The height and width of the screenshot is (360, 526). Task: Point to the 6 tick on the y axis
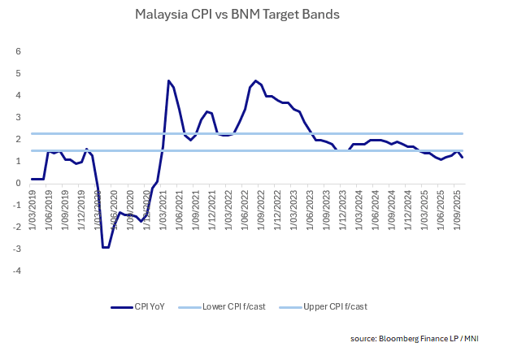[x=19, y=51]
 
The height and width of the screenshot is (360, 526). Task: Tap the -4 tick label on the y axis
[x=17, y=271]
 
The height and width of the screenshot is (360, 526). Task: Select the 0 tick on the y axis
[x=19, y=183]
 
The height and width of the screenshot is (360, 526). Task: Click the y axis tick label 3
[x=19, y=117]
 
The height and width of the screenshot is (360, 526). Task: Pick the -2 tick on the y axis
[x=17, y=227]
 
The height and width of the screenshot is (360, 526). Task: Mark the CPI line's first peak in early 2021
[x=168, y=80]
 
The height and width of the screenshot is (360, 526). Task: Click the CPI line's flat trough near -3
[x=105, y=247]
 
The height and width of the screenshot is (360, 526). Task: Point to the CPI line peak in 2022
[x=256, y=80]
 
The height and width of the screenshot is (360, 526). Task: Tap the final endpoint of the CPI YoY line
[x=463, y=157]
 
